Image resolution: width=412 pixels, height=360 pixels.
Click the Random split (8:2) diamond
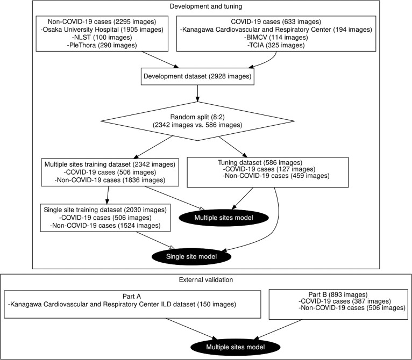(197, 121)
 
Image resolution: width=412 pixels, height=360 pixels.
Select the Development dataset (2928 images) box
(197, 76)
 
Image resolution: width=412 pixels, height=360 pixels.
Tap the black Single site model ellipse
(191, 256)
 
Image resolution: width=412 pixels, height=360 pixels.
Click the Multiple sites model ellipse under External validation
(236, 347)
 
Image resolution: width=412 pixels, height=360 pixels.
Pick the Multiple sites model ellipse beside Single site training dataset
(224, 218)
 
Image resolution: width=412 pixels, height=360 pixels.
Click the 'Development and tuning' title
(206, 6)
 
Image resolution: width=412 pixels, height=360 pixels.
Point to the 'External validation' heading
(206, 279)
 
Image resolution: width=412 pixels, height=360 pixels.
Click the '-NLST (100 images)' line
(102, 37)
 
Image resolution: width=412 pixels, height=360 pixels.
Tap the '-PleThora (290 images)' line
(102, 45)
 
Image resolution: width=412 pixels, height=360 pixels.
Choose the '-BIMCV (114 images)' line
(276, 37)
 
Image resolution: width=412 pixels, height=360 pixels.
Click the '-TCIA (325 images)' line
(276, 45)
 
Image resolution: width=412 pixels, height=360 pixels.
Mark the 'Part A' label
(132, 297)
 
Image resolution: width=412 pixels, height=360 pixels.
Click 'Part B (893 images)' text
(338, 294)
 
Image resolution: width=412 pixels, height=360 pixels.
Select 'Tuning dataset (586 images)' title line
(260, 163)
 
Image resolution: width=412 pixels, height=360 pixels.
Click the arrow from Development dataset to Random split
(197, 93)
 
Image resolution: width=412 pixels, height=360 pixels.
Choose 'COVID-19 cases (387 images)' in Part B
(345, 301)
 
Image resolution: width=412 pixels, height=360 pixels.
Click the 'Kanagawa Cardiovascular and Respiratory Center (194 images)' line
(276, 30)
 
